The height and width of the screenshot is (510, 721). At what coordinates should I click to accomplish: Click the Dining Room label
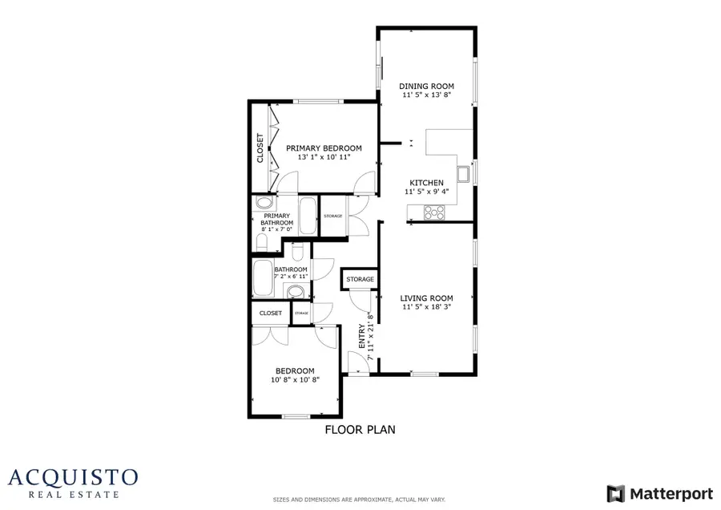coord(427,86)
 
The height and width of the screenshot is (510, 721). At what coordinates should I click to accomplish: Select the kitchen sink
coord(463,173)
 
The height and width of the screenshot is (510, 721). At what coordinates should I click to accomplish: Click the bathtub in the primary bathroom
coord(308,215)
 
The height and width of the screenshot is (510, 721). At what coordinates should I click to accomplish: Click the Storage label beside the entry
coord(360,280)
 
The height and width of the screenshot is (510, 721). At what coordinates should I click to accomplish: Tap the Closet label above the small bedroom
coord(271,314)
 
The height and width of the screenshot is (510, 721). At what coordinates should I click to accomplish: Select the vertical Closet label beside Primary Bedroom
coord(260,148)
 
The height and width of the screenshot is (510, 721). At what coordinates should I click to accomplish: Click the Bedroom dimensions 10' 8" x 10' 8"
coord(295,379)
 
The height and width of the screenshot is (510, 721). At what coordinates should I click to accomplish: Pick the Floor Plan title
coord(360,430)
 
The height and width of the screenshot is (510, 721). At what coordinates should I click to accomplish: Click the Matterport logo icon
coord(615,492)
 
